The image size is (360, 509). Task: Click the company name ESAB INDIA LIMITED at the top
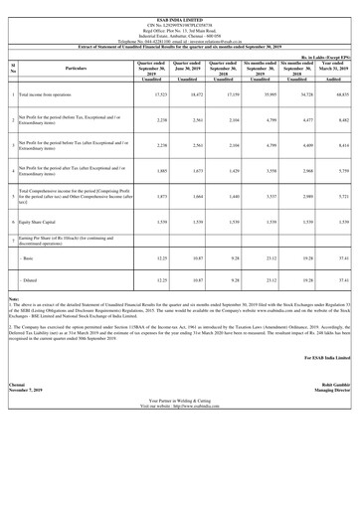(180, 4)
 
